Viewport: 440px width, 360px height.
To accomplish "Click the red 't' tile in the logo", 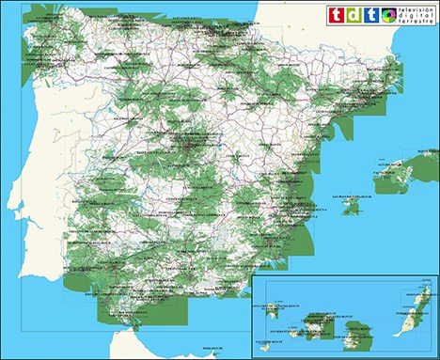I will point(334,14).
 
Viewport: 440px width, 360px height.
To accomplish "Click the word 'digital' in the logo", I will point(417,15).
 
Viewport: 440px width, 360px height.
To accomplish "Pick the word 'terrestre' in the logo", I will point(416,22).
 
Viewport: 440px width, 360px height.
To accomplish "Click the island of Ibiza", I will point(351,205).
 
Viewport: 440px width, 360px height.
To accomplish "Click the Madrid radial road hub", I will point(193,145).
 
